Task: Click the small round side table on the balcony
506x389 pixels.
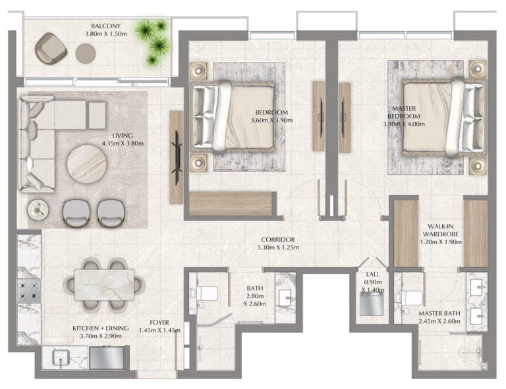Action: [86, 53]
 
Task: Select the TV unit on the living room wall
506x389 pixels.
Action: [177, 157]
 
